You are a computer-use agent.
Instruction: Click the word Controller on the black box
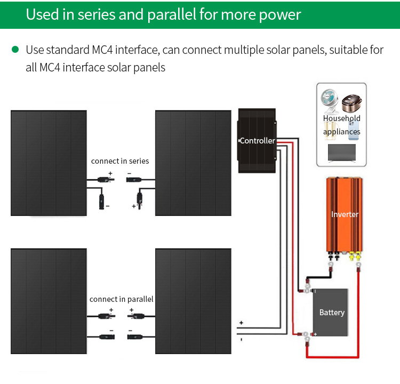[x=257, y=141]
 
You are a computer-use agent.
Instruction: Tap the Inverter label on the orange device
[x=345, y=214]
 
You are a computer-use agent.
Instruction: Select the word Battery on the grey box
[x=332, y=313]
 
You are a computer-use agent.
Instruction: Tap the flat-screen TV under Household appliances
[x=342, y=153]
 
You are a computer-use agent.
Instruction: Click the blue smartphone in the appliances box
[x=353, y=131]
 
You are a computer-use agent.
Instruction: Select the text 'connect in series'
[x=120, y=161]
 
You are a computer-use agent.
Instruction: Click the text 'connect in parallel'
[x=121, y=299]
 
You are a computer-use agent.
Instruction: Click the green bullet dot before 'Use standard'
[x=15, y=50]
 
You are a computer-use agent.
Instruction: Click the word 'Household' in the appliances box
[x=341, y=118]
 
